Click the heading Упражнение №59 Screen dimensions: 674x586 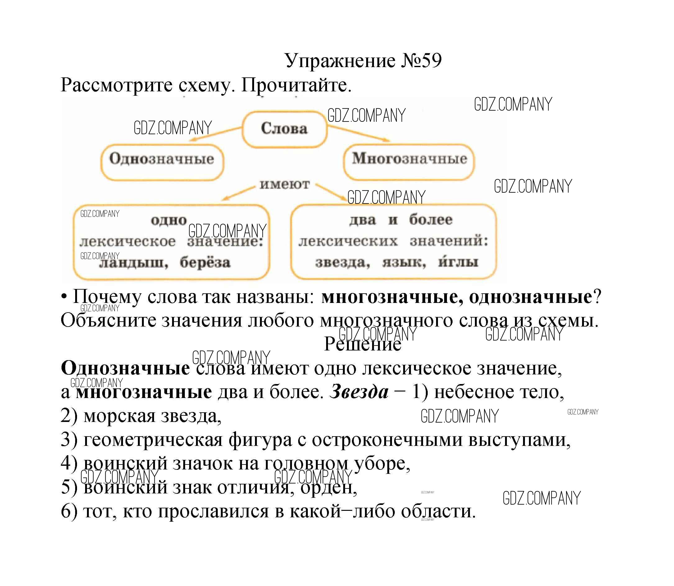[x=363, y=61]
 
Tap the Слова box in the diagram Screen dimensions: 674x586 [x=284, y=129]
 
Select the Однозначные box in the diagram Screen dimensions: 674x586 [x=162, y=162]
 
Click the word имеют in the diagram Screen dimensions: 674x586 [x=285, y=185]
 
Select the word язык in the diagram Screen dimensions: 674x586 [x=404, y=262]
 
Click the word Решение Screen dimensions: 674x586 [x=362, y=344]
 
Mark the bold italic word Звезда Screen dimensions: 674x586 [x=359, y=392]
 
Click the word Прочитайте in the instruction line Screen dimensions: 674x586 [x=296, y=86]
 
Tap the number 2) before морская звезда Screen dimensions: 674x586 [x=69, y=416]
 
